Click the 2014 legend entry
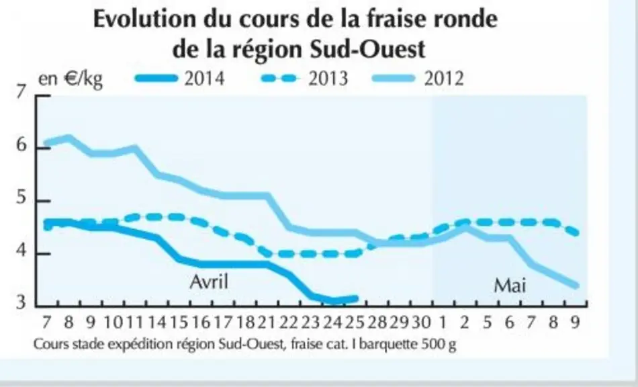point(180,78)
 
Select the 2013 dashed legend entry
point(304,78)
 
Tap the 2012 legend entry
point(418,78)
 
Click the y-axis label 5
point(21,198)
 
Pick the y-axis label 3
point(21,302)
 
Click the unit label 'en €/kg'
point(71,79)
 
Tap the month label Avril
point(209,282)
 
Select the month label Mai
point(510,286)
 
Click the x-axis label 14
point(156,322)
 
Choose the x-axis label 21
point(267,322)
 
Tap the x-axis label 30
point(420,322)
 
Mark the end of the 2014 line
point(356,299)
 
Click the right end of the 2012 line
point(576,286)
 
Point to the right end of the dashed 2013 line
point(576,233)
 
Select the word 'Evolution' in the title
point(145,19)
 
